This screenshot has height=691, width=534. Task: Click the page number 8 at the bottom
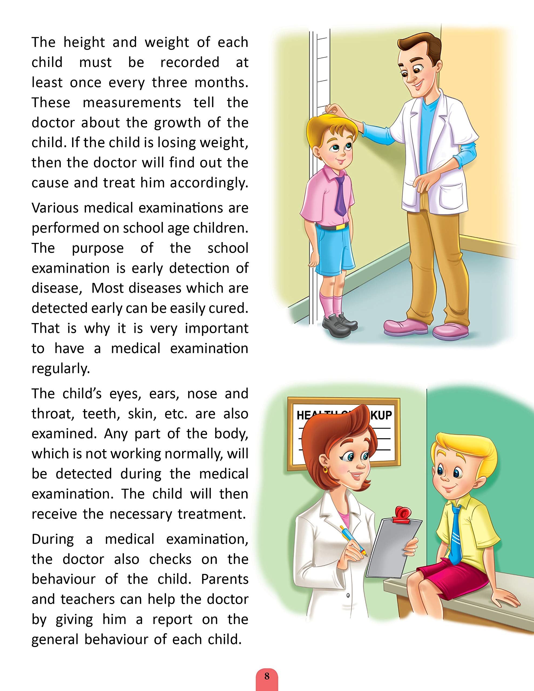pos(267,677)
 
